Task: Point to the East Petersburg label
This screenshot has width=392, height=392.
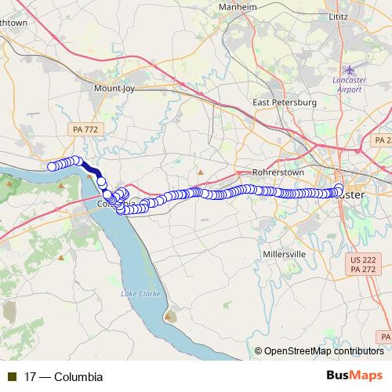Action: tap(284, 102)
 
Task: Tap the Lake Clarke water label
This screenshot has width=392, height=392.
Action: tap(139, 293)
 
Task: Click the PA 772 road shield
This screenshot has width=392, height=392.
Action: tap(83, 127)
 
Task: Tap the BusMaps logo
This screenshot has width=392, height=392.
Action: tap(355, 376)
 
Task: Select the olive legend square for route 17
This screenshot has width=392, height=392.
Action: tap(13, 377)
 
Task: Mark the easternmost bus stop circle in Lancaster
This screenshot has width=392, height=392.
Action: tap(339, 188)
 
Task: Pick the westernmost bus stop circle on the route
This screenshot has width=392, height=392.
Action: tap(52, 166)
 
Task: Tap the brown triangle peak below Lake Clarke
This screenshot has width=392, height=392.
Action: tap(170, 317)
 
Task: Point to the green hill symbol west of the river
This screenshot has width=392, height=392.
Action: tap(10, 185)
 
